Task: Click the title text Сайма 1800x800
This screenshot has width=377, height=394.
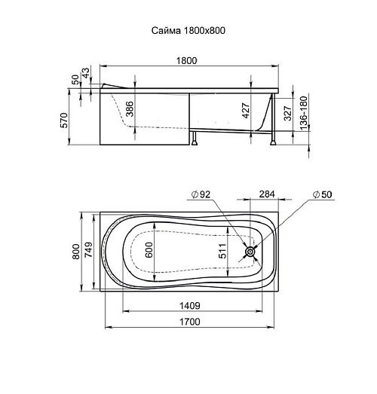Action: coord(188,31)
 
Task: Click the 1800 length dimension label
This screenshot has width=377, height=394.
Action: coord(186,61)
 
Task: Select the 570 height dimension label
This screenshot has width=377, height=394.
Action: coord(64,121)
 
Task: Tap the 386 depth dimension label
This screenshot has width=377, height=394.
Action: coord(129,108)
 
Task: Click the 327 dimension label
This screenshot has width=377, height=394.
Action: coord(288,113)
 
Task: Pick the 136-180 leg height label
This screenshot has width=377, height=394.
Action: coord(304,113)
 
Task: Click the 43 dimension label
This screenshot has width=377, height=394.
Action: coord(86,73)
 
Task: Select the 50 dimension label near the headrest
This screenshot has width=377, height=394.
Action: coord(75,80)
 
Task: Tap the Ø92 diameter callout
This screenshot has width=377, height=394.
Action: coord(201,194)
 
